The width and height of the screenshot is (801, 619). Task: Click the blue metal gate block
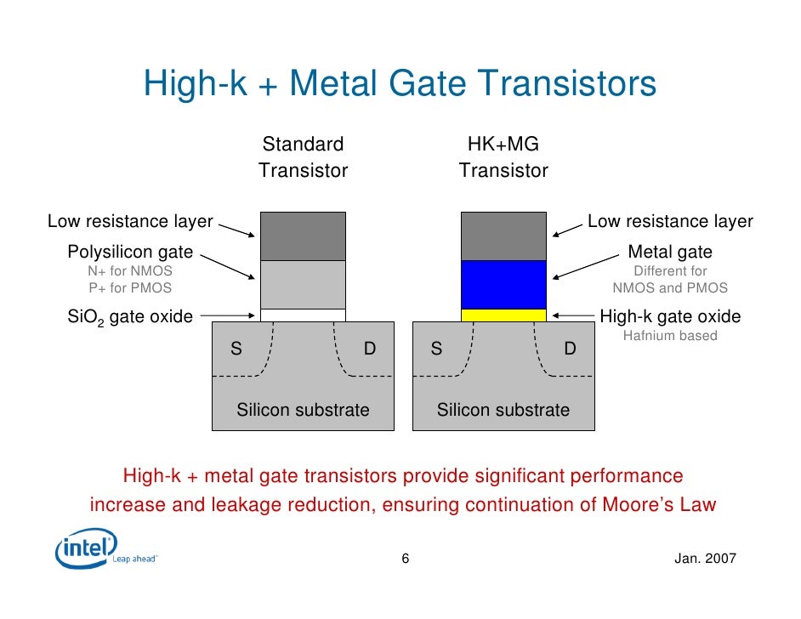click(503, 284)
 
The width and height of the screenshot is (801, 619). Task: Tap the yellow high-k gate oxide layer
click(503, 315)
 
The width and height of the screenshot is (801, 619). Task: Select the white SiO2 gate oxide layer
click(303, 315)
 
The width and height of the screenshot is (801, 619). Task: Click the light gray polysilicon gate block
click(303, 284)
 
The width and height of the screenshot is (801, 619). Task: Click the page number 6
click(405, 559)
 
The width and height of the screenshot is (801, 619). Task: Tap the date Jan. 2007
click(704, 559)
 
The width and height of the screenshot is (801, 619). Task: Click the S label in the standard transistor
click(236, 349)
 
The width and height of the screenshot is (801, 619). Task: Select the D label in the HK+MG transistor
click(570, 349)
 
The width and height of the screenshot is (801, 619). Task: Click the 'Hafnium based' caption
click(670, 336)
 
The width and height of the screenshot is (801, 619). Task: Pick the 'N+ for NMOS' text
click(130, 271)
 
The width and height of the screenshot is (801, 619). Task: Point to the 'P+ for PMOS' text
click(130, 287)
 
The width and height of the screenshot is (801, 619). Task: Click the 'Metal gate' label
click(670, 253)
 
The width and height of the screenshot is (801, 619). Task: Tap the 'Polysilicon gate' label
click(130, 253)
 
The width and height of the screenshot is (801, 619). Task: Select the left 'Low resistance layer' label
click(130, 222)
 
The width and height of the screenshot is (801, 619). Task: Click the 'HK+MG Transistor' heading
click(503, 157)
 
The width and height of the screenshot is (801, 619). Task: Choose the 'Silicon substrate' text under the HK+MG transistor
click(503, 411)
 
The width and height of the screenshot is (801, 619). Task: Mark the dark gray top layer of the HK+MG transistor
click(503, 236)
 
